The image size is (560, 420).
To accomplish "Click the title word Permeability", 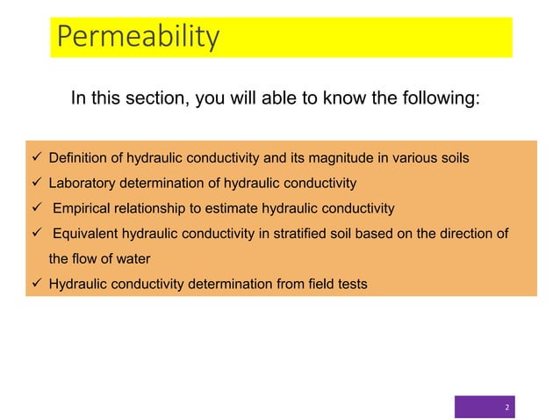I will pos(137,38).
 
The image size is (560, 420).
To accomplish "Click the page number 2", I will pos(506,408).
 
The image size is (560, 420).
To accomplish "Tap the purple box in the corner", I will pos(485,407).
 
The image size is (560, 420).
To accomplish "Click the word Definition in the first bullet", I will pos(75,159).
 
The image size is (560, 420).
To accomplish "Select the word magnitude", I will pos(326,159).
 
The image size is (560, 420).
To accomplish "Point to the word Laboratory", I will pos(81,184).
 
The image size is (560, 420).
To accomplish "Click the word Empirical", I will pos(84,208).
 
